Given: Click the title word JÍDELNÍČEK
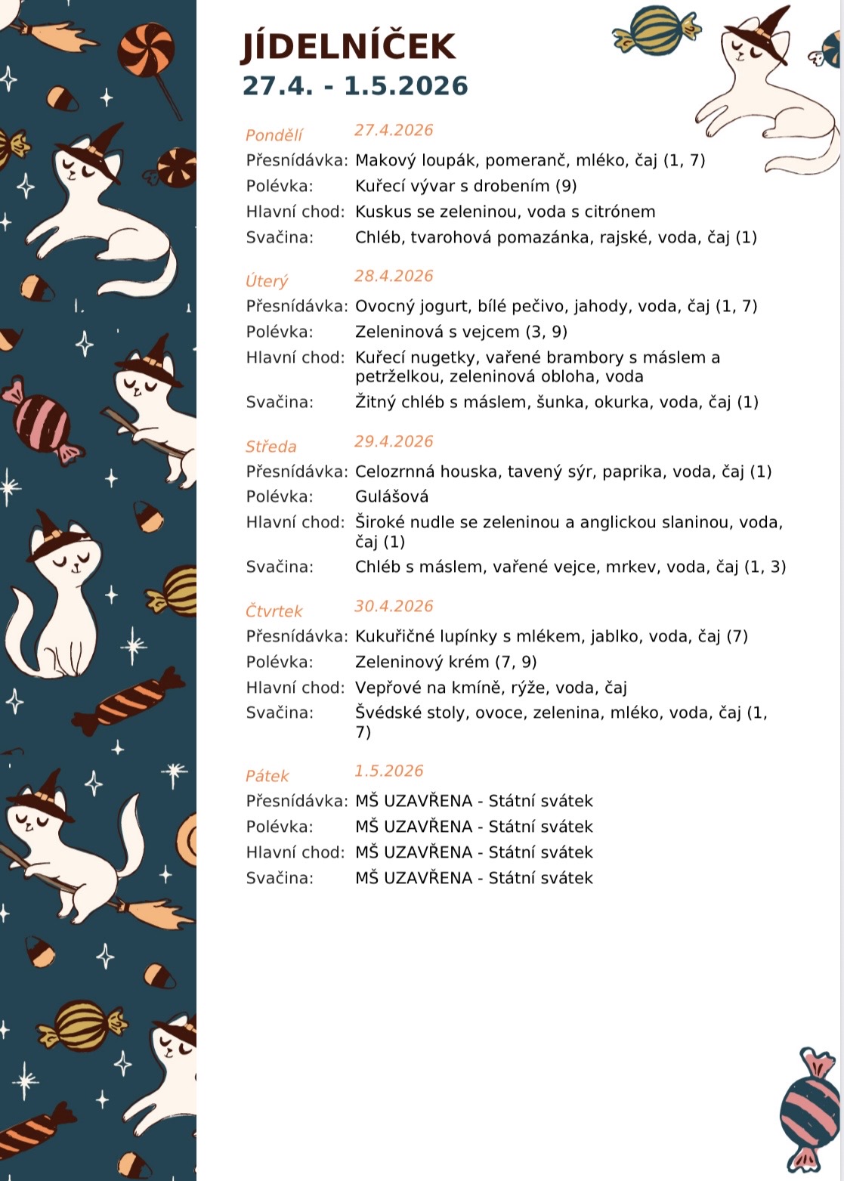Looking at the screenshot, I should click(x=348, y=47).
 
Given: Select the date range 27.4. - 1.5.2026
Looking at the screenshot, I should click(x=355, y=86).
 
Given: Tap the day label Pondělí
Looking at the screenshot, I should click(x=274, y=135).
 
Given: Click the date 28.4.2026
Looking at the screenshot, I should click(x=394, y=276).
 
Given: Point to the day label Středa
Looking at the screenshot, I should click(x=271, y=447).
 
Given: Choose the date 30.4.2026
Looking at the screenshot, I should click(x=394, y=606).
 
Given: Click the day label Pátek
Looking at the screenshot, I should click(x=267, y=776).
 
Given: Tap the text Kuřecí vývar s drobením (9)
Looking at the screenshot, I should click(x=465, y=186).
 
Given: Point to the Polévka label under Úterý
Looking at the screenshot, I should click(x=279, y=332).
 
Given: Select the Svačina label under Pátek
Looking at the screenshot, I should click(x=279, y=878).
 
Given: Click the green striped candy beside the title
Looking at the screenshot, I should click(x=656, y=30).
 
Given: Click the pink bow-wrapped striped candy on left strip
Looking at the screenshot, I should click(x=42, y=422).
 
